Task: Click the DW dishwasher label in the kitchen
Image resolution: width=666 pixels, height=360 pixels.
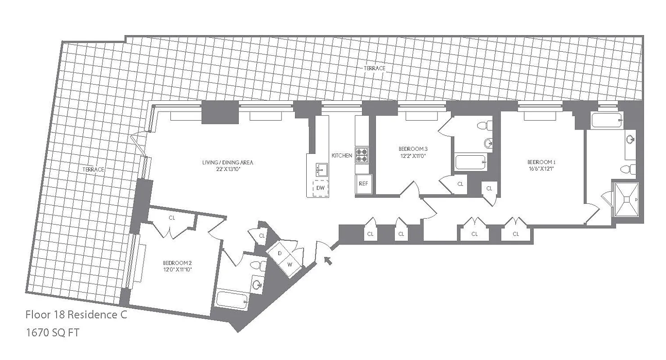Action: point(320,188)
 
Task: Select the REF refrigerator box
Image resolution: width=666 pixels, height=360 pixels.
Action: point(363,184)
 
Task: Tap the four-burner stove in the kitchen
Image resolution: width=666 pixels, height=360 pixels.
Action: point(362,155)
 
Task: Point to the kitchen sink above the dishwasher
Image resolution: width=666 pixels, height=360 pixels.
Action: point(321,170)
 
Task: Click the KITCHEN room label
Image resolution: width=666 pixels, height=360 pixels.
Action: point(342,155)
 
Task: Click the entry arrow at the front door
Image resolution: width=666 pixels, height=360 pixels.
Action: point(328,260)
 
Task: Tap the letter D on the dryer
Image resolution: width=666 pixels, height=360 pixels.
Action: point(280,253)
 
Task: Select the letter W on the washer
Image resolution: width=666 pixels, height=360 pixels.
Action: point(290,264)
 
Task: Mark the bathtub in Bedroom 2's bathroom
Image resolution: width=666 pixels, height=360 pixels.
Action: point(232,300)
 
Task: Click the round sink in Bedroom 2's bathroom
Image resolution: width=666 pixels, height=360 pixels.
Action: point(257,285)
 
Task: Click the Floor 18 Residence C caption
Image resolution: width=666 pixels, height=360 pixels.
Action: point(76,315)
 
